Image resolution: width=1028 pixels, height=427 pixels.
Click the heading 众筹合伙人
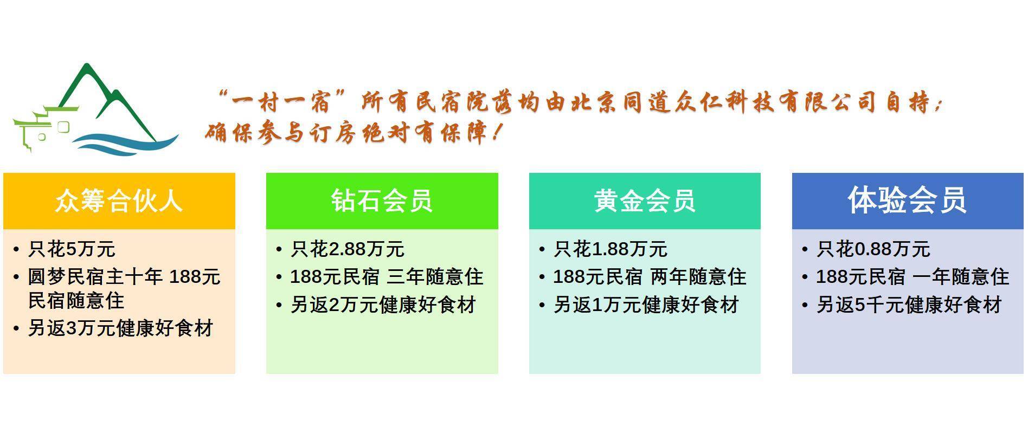pyautogui.click(x=119, y=200)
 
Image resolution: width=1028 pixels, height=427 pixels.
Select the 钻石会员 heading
pyautogui.click(x=382, y=200)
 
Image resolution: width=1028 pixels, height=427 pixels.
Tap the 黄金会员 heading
pyautogui.click(x=645, y=200)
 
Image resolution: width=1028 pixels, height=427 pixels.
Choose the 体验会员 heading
pyautogui.click(x=907, y=200)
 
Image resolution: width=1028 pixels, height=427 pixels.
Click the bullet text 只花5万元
pyautogui.click(x=72, y=249)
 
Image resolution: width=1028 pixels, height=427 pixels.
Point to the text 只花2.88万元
pyautogui.click(x=348, y=249)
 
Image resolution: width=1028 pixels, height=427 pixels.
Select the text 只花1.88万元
pyautogui.click(x=611, y=249)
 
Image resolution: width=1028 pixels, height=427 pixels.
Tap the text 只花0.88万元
pyautogui.click(x=873, y=249)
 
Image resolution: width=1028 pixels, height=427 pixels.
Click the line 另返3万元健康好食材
pyautogui.click(x=120, y=328)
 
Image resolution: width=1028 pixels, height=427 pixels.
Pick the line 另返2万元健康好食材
pyautogui.click(x=383, y=305)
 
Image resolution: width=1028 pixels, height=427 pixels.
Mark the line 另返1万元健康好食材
pyautogui.click(x=646, y=305)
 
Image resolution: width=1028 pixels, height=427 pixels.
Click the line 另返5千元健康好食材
pyautogui.click(x=909, y=305)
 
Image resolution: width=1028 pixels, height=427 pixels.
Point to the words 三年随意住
pyautogui.click(x=435, y=277)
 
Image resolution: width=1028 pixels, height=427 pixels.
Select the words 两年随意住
pyautogui.click(x=698, y=277)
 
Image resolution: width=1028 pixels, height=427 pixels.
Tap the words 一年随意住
pyautogui.click(x=961, y=277)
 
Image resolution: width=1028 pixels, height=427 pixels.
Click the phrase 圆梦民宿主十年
pyautogui.click(x=95, y=277)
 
